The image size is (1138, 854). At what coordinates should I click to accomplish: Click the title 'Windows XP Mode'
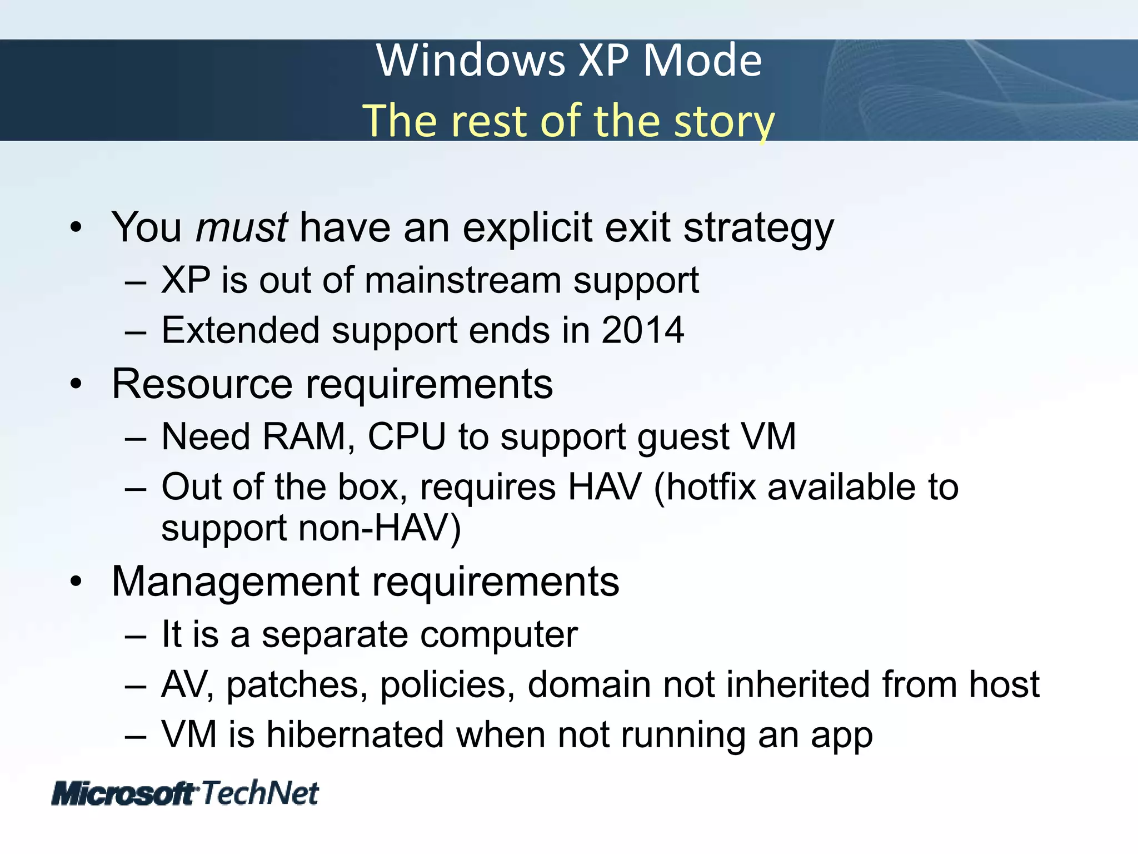(x=569, y=60)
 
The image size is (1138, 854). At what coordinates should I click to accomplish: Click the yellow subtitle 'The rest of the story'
(x=569, y=121)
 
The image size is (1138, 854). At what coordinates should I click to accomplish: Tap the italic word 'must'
(x=241, y=227)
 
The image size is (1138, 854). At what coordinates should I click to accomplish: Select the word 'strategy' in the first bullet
(x=758, y=229)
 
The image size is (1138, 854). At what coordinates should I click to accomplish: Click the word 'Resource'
(x=202, y=384)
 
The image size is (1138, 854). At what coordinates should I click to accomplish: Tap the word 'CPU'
(x=406, y=436)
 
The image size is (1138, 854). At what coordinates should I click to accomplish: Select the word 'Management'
(x=236, y=582)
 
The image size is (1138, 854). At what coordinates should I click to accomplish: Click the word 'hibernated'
(x=355, y=734)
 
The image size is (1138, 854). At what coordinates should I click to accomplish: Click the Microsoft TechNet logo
(x=185, y=793)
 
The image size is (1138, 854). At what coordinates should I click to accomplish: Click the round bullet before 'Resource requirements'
(x=76, y=384)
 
